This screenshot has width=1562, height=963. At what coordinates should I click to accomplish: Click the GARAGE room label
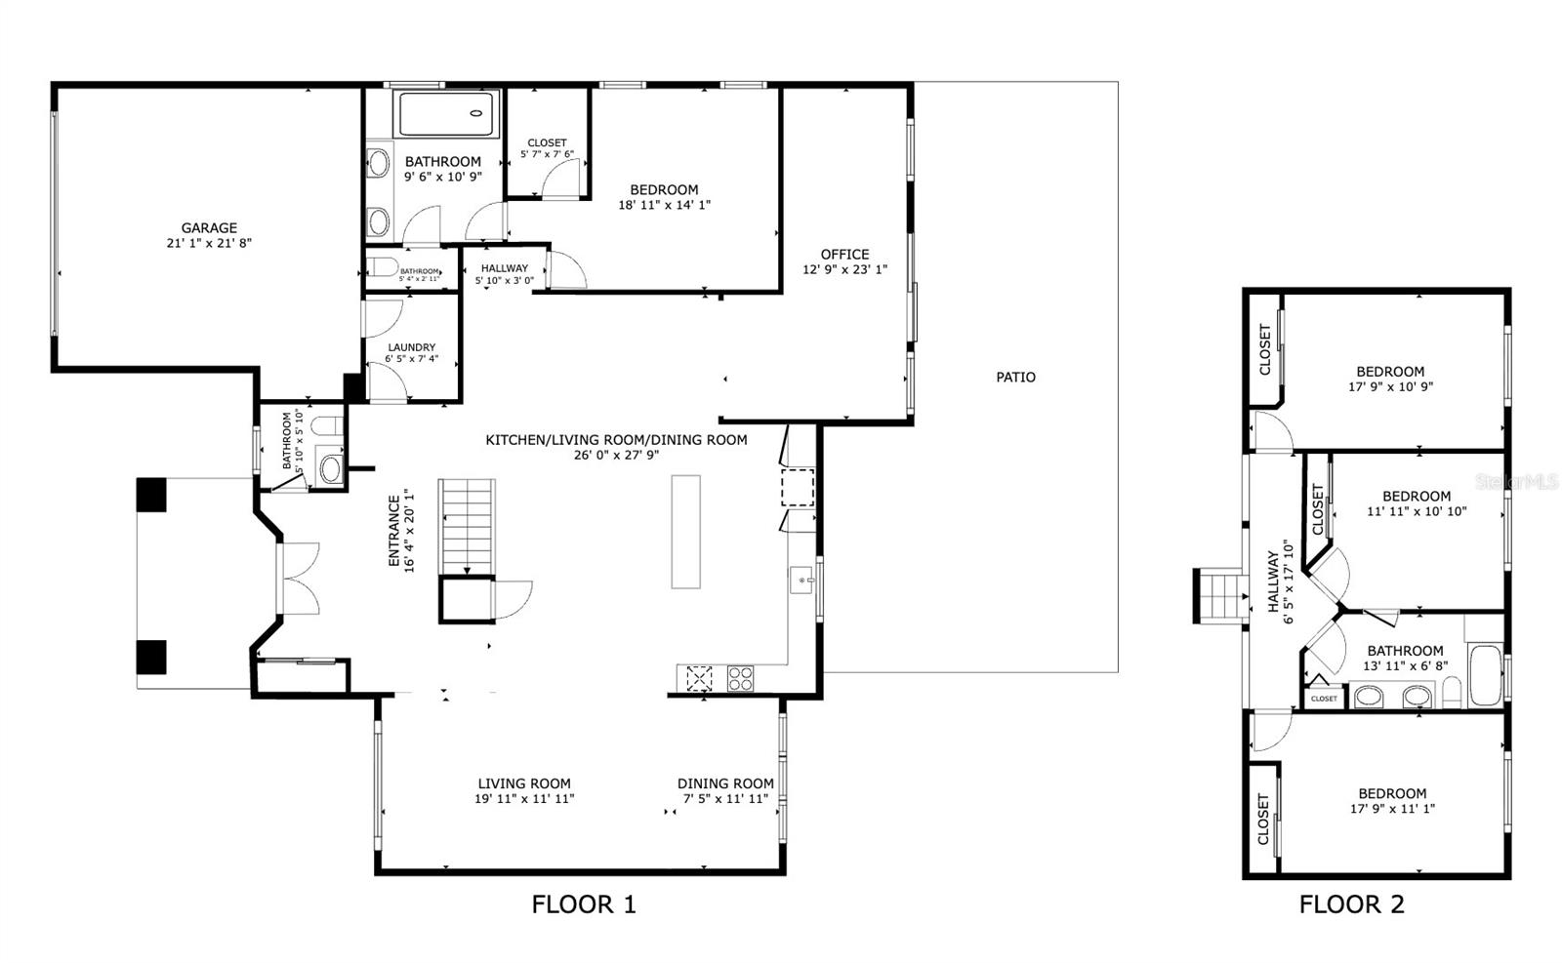coord(209,228)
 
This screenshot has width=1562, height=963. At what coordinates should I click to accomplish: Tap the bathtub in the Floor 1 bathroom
coord(448,113)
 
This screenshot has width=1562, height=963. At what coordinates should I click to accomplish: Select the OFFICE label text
coord(844,255)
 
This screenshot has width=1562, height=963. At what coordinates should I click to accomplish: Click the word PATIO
coord(1015,377)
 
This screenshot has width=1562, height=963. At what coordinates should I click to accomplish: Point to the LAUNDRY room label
coord(411,347)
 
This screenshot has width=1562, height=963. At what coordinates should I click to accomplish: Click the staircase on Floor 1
coord(467,526)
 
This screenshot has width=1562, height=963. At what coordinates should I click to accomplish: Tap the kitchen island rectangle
coord(685,531)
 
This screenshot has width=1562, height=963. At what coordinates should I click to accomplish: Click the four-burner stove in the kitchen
coord(740,678)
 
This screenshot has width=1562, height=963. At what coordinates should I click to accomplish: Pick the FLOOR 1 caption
coord(583,904)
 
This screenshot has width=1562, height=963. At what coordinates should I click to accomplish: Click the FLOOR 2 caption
coord(1351,904)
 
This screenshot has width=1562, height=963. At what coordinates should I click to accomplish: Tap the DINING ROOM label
coord(725,783)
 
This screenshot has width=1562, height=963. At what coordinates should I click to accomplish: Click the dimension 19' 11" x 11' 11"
coord(524,798)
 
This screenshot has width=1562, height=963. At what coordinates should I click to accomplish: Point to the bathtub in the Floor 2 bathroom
coord(1484,674)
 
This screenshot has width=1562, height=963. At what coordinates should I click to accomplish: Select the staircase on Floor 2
coord(1219,595)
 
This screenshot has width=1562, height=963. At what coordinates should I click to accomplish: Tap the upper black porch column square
coord(152,494)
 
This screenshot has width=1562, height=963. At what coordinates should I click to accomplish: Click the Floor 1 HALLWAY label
coord(504,268)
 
